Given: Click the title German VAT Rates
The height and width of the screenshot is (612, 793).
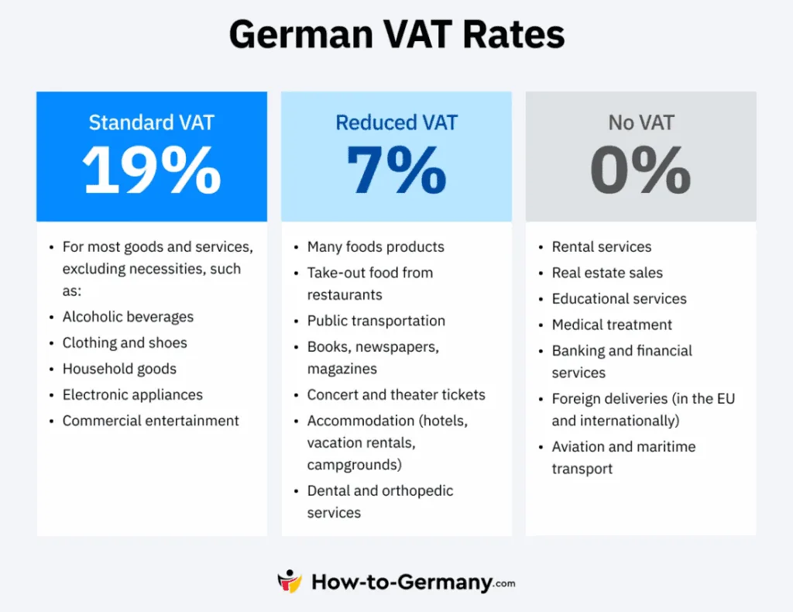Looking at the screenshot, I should pyautogui.click(x=396, y=35).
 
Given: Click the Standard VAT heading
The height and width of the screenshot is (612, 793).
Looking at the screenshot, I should pyautogui.click(x=151, y=122).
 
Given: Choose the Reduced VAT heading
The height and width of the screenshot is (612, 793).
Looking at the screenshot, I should pyautogui.click(x=396, y=122).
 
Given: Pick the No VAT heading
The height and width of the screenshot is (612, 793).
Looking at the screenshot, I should pyautogui.click(x=640, y=122).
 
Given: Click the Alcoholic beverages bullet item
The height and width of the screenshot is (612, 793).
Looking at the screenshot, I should pyautogui.click(x=128, y=317).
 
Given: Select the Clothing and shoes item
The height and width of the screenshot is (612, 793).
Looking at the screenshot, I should pyautogui.click(x=125, y=342).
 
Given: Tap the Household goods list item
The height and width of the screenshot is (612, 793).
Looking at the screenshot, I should pyautogui.click(x=119, y=369).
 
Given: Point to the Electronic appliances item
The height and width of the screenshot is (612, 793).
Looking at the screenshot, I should pyautogui.click(x=132, y=394).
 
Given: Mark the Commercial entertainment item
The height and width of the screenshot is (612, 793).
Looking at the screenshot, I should pyautogui.click(x=150, y=421).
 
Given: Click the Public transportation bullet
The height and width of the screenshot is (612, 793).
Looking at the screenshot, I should pyautogui.click(x=376, y=321).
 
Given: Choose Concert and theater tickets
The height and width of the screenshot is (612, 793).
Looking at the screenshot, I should pyautogui.click(x=396, y=394).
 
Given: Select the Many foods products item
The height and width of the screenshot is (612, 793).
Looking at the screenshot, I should pyautogui.click(x=376, y=247).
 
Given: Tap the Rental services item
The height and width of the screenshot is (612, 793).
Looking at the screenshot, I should pyautogui.click(x=601, y=247).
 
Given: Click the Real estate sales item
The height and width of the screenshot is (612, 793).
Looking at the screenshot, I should pyautogui.click(x=607, y=273).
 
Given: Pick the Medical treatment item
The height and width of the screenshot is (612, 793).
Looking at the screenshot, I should pyautogui.click(x=612, y=325).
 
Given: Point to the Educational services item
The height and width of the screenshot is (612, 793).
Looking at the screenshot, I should pyautogui.click(x=619, y=298).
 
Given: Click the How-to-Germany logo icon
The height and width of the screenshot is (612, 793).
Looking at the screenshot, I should pyautogui.click(x=290, y=582).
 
